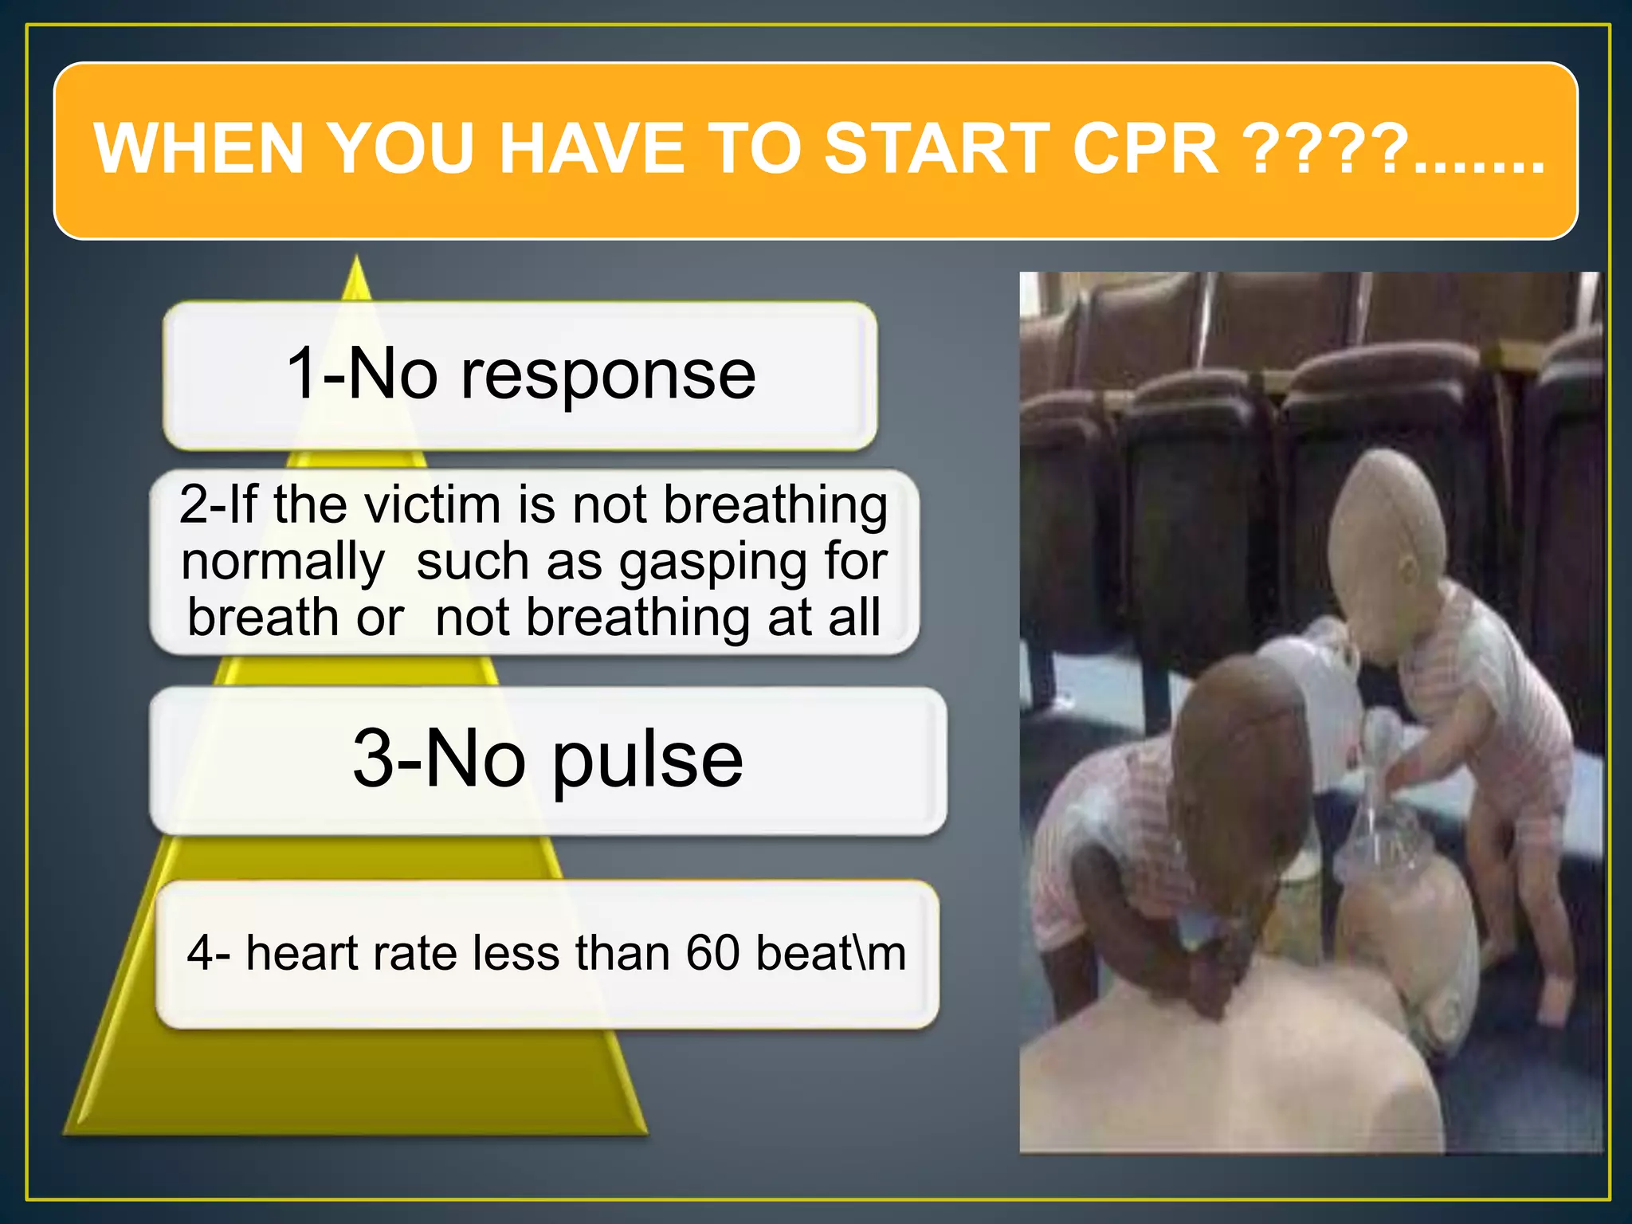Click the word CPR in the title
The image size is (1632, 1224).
coord(1145,149)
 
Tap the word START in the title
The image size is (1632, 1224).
coord(936,149)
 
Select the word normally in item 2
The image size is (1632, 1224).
coord(283,563)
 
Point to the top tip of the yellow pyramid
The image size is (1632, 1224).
coord(357,260)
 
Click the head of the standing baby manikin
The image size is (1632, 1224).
coord(1387,526)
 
